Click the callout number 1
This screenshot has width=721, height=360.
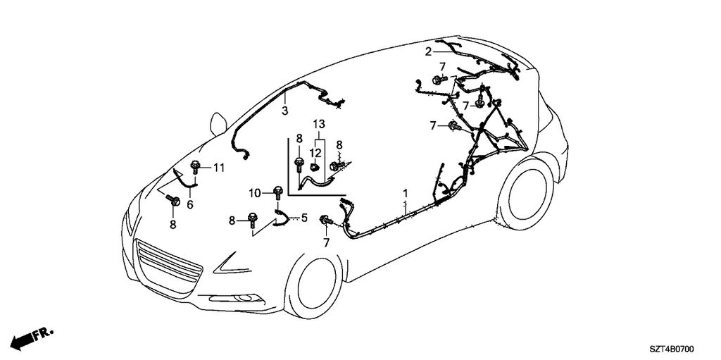pyautogui.click(x=406, y=192)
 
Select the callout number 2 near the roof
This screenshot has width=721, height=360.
pyautogui.click(x=428, y=52)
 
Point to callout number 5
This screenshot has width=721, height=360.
pyautogui.click(x=303, y=218)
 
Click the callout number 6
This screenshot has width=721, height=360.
pyautogui.click(x=190, y=205)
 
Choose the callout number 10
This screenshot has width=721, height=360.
pyautogui.click(x=255, y=192)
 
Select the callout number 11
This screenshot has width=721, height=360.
pyautogui.click(x=219, y=168)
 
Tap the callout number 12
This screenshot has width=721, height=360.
pyautogui.click(x=314, y=152)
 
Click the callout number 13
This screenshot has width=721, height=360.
pyautogui.click(x=319, y=124)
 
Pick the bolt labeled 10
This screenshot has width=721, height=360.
pyautogui.click(x=277, y=193)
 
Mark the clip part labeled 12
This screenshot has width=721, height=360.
pyautogui.click(x=314, y=166)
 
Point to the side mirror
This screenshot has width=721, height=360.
pyautogui.click(x=218, y=123)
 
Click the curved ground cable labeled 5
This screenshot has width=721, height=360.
pyautogui.click(x=282, y=217)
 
